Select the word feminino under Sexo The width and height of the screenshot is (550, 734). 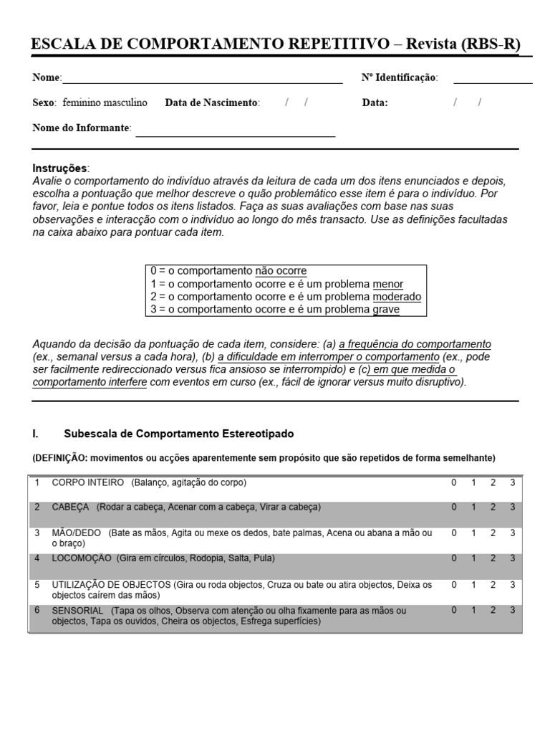coord(82,103)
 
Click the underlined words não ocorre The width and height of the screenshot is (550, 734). coord(281,271)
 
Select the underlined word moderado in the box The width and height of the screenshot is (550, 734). coord(397,297)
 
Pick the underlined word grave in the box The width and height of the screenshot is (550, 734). coord(386,310)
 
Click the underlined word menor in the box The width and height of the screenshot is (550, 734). coord(387,284)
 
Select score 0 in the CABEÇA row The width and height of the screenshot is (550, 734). coord(453,507)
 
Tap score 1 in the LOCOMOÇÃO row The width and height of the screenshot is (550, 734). coord(473,558)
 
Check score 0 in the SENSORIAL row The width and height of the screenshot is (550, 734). coord(453,610)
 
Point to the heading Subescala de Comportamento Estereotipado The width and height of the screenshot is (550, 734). coord(178,434)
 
